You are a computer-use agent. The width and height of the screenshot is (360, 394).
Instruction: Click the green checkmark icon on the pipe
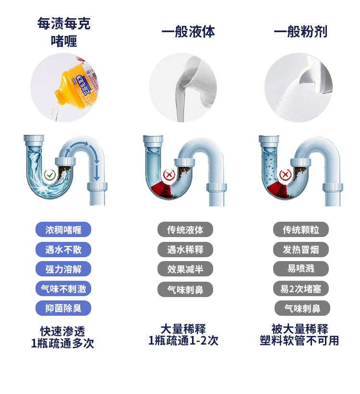49,175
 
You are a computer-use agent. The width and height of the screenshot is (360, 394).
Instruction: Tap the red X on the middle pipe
168,175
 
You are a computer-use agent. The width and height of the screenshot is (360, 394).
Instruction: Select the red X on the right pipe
285,175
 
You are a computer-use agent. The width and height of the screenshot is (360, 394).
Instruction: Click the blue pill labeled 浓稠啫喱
63,230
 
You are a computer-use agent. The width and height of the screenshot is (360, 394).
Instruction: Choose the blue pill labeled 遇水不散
63,250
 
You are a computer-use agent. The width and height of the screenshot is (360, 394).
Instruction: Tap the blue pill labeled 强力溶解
63,269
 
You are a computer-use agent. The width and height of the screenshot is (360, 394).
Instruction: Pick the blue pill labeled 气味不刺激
63,289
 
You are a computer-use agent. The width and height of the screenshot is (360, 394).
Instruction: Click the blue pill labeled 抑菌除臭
63,308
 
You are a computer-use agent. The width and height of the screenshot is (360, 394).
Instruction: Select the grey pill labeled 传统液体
185,230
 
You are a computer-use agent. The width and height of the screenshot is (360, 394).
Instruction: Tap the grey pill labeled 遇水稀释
185,250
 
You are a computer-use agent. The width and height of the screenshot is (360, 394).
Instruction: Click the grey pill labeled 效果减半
185,269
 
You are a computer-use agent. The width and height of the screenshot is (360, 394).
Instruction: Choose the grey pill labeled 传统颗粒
301,230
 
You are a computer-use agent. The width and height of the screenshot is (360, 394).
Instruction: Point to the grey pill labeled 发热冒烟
301,250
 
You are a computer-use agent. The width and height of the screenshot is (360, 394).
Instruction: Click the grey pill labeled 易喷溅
301,269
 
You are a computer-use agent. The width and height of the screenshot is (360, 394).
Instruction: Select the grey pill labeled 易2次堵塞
301,288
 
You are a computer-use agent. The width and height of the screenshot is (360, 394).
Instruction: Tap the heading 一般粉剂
300,32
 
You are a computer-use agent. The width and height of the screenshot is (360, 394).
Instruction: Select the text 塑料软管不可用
300,341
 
